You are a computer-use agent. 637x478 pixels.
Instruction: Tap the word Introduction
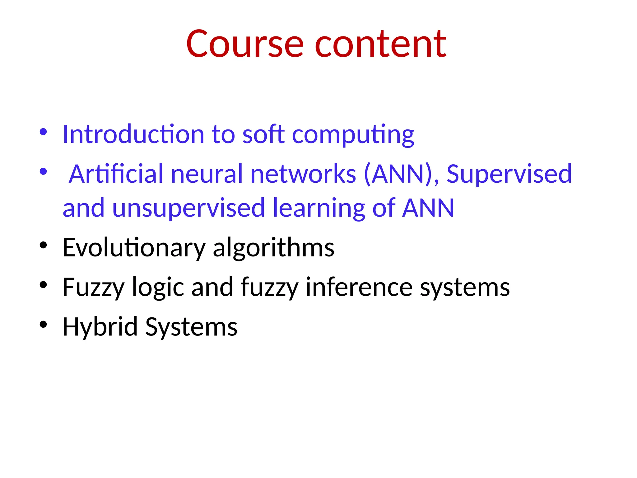[133, 134]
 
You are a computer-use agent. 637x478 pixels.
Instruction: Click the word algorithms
[273, 248]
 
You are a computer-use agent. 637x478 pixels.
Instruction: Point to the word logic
[158, 288]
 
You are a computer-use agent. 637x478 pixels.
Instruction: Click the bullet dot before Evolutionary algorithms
[43, 246]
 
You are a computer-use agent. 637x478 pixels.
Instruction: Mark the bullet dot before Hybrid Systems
[43, 324]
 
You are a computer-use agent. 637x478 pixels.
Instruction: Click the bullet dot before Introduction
[43, 132]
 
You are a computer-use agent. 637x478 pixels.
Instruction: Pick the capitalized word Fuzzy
[93, 288]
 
